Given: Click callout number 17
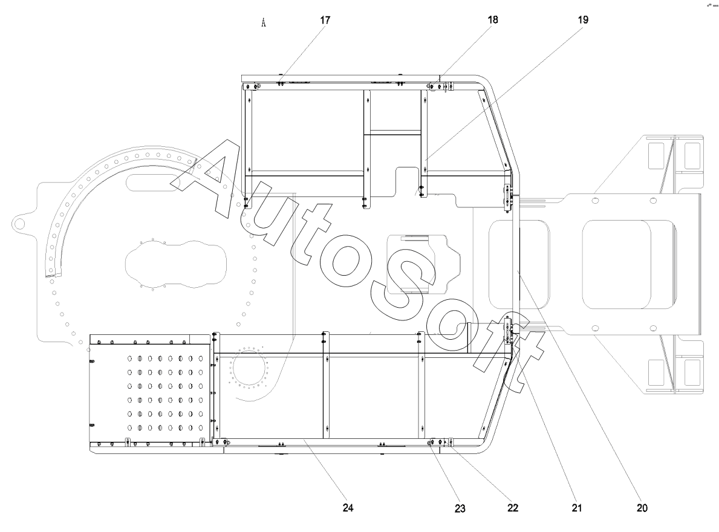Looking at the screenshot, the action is click(325, 20).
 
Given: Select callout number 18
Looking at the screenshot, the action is click(493, 20).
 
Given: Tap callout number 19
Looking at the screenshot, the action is click(583, 20).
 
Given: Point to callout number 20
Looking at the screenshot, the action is click(642, 508).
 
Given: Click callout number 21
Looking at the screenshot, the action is click(577, 508).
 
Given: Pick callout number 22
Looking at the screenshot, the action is click(513, 508).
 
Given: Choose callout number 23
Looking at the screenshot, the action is click(460, 508).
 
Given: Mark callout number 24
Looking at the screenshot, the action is click(348, 508).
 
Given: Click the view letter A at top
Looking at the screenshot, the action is click(264, 22).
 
